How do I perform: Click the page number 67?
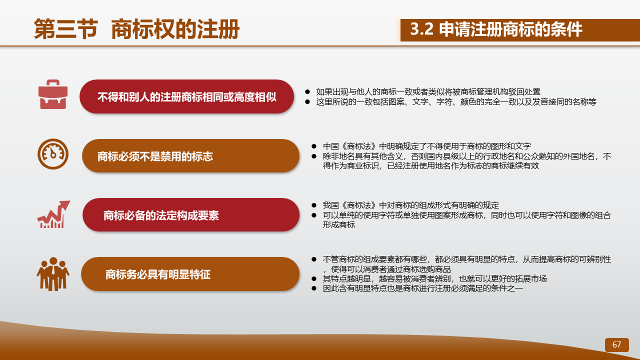point(616,344)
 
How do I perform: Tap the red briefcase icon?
point(53,94)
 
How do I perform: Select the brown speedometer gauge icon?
point(53,154)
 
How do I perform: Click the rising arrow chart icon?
point(53,214)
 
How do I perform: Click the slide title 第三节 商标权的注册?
point(136,29)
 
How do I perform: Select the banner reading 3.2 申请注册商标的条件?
point(520,30)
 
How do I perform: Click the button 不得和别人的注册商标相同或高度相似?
point(187,96)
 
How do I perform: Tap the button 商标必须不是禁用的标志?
point(190,155)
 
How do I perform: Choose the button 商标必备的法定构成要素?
point(191,215)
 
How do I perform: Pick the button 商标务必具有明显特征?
point(190,274)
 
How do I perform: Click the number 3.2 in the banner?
point(421,29)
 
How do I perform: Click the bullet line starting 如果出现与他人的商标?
point(428,91)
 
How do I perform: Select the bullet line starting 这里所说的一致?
point(456,101)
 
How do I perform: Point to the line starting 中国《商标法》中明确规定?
point(427,146)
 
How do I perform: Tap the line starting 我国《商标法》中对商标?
point(411,205)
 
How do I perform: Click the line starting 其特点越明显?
point(435,278)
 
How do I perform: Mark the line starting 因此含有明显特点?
point(423,288)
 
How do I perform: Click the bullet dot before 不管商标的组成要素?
point(314,259)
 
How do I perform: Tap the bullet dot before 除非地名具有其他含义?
point(314,156)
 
